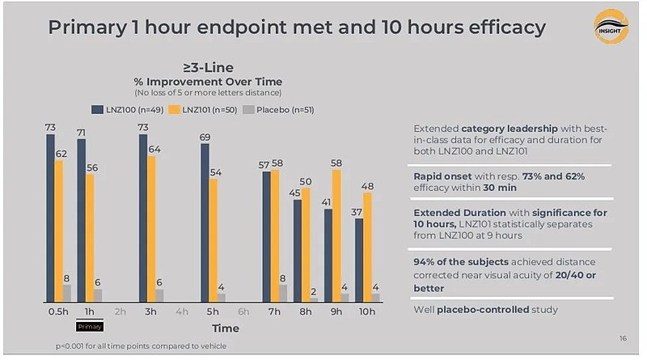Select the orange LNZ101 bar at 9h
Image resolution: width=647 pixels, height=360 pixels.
click(336, 235)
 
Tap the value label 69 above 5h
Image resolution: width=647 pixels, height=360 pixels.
click(205, 138)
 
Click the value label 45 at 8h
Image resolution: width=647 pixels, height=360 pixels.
click(296, 193)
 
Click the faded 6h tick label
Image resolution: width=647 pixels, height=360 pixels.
click(243, 311)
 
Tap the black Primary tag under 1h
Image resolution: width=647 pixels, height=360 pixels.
click(90, 326)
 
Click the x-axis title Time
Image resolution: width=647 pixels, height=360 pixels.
click(226, 328)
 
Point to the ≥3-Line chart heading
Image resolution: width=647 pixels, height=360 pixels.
click(209, 68)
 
